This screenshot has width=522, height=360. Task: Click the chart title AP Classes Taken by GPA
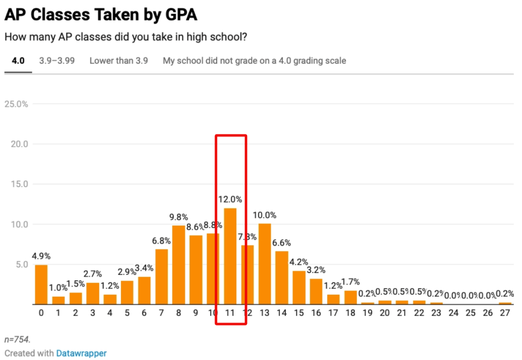(x=101, y=14)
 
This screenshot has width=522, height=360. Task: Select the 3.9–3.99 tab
(x=57, y=61)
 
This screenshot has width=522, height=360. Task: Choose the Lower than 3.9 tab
(x=118, y=61)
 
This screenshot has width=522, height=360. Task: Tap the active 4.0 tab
(x=18, y=61)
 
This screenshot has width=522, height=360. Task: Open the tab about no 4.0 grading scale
(x=254, y=61)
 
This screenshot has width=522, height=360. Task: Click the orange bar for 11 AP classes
(x=230, y=256)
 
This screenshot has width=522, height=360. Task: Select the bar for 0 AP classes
(x=41, y=285)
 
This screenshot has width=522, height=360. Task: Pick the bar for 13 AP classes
(x=264, y=264)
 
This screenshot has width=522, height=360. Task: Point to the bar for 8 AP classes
(x=178, y=265)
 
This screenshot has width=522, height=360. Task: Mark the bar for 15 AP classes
(x=299, y=288)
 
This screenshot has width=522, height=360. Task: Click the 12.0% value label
(x=230, y=199)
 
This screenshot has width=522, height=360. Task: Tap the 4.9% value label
(x=41, y=256)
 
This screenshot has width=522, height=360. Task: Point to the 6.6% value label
(x=282, y=243)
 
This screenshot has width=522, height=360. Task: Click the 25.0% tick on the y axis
(x=16, y=104)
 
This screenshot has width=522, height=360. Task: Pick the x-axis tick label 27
(x=505, y=313)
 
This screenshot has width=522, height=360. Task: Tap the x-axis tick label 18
(x=350, y=313)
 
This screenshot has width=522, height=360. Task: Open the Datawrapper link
(x=81, y=353)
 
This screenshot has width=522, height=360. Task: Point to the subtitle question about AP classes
(x=126, y=37)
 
